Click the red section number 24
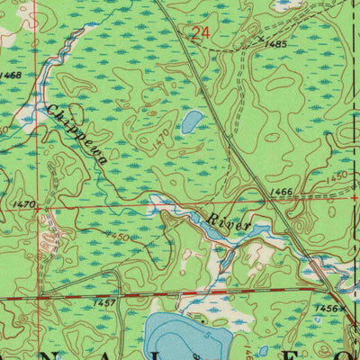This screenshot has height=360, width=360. coord(200,34)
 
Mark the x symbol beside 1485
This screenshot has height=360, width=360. coord(260,39)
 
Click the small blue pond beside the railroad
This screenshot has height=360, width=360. coord(191,121)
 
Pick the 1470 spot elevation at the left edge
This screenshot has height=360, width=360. coord(24,204)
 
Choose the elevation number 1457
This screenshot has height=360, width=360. coord(104,302)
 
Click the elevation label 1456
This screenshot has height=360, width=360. coord(326,307)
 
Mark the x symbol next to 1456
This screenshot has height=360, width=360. coord(343,307)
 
